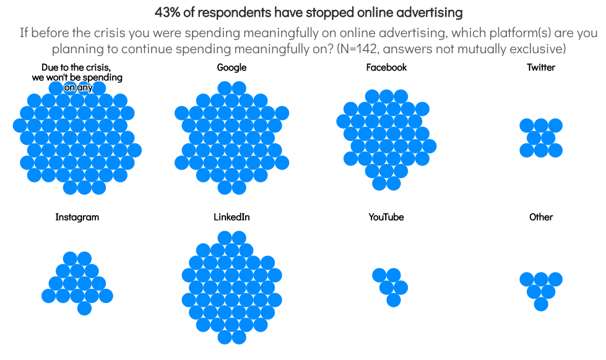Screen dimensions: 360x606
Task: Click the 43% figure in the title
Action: [x=165, y=12]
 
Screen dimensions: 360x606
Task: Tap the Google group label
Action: [x=232, y=67]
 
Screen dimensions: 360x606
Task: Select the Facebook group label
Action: [x=386, y=67]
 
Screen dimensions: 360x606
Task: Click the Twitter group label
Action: [x=541, y=67]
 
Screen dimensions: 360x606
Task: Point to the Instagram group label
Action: [x=77, y=217]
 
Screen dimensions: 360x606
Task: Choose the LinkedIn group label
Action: [x=232, y=217]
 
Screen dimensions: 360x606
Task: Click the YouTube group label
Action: [x=386, y=217]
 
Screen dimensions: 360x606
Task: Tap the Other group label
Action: [x=541, y=217]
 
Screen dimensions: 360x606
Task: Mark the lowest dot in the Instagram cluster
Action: [x=84, y=308]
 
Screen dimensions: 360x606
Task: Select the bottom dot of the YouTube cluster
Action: [x=394, y=300]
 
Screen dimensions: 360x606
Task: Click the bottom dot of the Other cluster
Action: [x=541, y=304]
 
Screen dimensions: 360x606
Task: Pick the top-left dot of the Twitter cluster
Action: [x=527, y=126]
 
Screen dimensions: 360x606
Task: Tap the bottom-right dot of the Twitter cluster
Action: [x=555, y=150]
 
